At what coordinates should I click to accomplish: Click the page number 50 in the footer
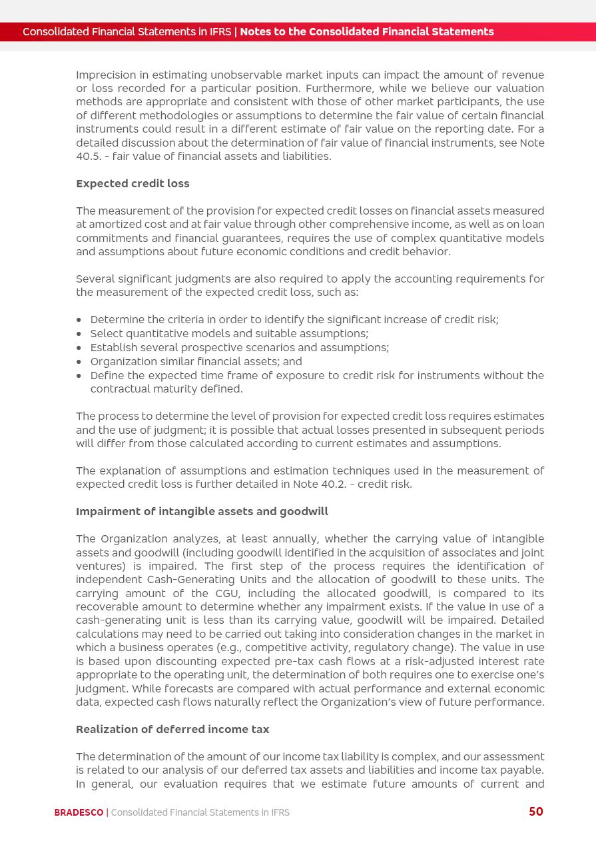click(x=535, y=812)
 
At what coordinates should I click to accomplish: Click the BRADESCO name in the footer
click(x=79, y=812)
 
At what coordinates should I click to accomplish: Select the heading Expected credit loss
click(x=133, y=183)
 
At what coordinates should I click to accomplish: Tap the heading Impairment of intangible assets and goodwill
click(x=202, y=511)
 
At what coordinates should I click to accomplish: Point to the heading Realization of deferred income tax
click(x=172, y=729)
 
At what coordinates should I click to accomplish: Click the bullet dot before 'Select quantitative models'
click(x=79, y=334)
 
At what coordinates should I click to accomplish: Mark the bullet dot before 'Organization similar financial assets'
click(x=79, y=362)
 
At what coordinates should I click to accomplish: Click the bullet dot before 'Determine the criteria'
click(x=79, y=320)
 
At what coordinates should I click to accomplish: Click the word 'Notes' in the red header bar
click(x=256, y=32)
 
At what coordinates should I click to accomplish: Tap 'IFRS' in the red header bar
click(x=219, y=32)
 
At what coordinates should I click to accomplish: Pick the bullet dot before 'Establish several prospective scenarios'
click(x=79, y=348)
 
